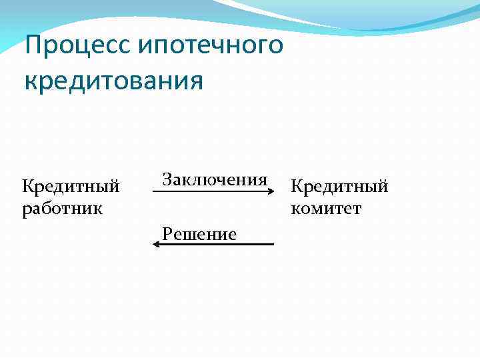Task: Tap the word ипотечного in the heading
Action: [212, 47]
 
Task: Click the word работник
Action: [62, 208]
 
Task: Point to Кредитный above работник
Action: [71, 186]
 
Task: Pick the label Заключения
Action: [215, 180]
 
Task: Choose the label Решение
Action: [199, 234]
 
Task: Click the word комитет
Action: [326, 209]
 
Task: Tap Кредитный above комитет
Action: [339, 187]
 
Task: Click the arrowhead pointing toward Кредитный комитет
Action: [271, 191]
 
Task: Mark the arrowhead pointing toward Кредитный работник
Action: [156, 245]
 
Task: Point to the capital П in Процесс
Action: [32, 46]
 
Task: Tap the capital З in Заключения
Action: [167, 180]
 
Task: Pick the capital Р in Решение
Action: [167, 234]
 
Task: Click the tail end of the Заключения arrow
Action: [155, 191]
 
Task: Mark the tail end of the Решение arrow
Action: [272, 245]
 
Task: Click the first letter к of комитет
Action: [295, 209]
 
